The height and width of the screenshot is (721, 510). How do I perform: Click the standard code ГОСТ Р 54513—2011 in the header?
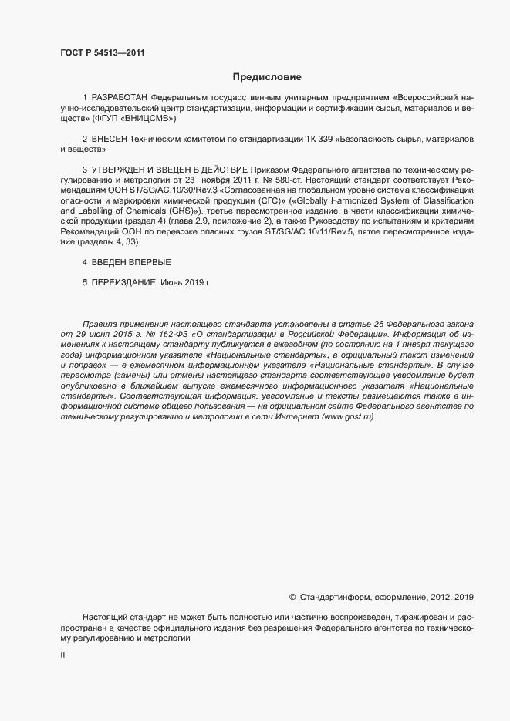click(x=102, y=52)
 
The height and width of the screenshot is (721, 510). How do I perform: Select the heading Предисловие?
click(x=267, y=77)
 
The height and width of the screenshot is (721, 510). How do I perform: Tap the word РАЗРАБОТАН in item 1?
click(x=120, y=99)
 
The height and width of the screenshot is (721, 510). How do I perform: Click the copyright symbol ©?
click(x=292, y=597)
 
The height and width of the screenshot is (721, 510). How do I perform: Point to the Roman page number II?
click(x=62, y=655)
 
